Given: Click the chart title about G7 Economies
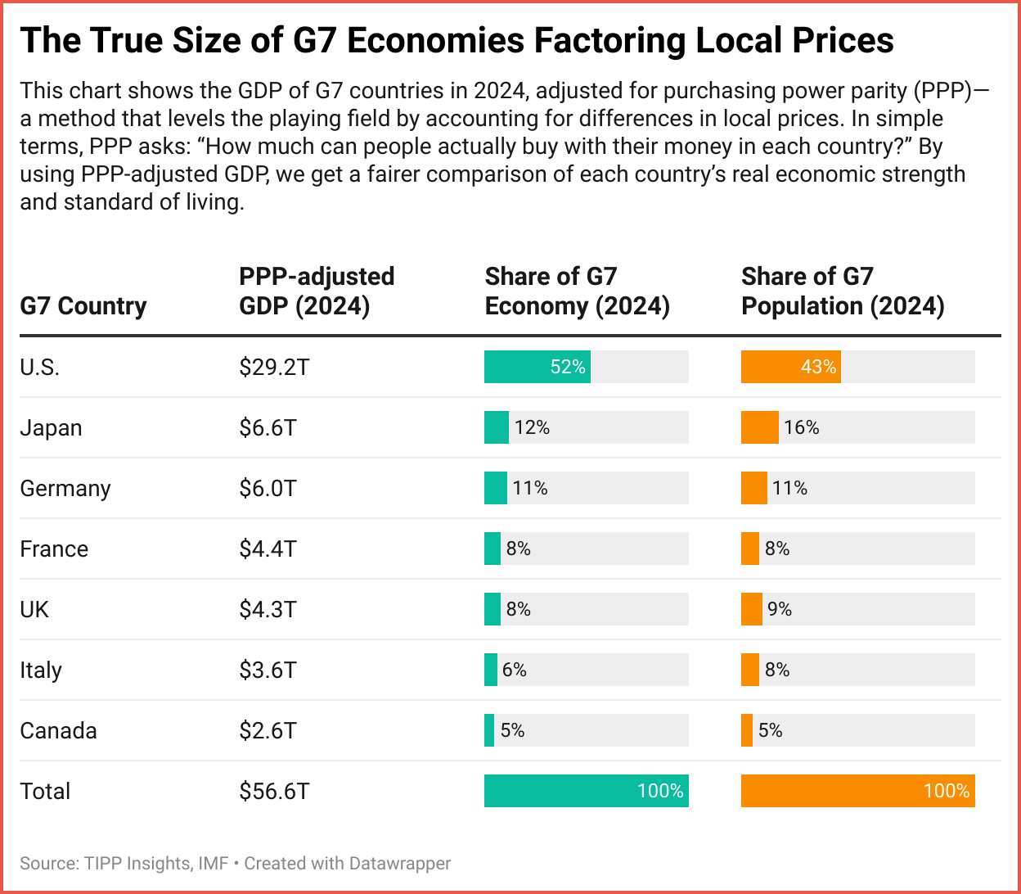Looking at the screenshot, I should point(457,39).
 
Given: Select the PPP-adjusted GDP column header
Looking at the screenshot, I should point(317,291).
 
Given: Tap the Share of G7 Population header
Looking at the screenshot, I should point(843,291).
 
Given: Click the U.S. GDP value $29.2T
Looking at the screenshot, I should point(274,367).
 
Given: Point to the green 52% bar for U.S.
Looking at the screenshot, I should point(537,367).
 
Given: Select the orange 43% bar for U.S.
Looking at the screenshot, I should point(790,367).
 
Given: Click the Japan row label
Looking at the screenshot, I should point(51,427).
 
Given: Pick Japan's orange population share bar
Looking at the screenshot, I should point(759,427).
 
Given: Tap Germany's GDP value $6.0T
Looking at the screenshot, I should point(268,488).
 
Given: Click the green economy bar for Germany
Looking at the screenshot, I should point(495,488).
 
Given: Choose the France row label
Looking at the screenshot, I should point(54,549).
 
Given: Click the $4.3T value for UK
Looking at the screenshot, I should point(268,609).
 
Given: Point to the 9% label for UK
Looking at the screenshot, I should point(780,609).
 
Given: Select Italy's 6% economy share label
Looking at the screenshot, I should point(515,670).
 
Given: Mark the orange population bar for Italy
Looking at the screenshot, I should point(749,670).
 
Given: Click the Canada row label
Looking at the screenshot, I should point(58,730).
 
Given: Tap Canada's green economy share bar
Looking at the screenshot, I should point(489,730).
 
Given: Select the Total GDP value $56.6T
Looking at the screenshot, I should point(274,791).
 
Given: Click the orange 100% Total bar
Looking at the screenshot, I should point(857,791).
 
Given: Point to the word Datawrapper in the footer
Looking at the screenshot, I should point(400,863).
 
